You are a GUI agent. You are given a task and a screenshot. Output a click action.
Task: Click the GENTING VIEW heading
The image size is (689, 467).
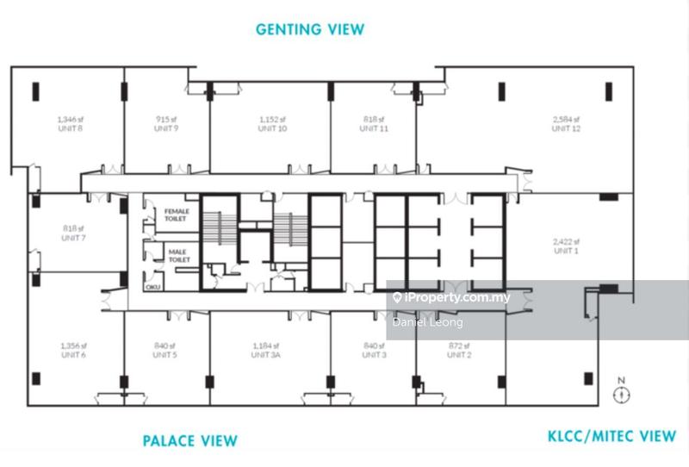point(310,29)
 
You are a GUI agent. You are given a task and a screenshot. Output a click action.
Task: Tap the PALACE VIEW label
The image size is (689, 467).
point(189,441)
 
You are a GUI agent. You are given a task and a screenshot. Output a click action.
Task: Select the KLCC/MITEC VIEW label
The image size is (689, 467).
point(612,436)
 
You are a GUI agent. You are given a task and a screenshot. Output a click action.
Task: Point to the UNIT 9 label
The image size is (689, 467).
point(166,128)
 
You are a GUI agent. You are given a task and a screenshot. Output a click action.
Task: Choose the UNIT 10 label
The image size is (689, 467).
point(272,128)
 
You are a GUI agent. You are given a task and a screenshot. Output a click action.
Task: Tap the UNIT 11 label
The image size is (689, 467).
point(373,128)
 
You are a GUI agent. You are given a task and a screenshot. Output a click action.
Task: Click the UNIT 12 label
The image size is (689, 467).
point(567,128)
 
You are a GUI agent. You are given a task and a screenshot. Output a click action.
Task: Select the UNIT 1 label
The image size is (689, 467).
point(567,251)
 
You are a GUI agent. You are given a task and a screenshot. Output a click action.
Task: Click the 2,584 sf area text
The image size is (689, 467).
point(567,120)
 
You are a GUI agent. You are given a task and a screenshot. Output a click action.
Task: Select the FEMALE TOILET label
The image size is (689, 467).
point(177,214)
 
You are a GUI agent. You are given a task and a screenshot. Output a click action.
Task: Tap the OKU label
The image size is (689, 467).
point(153,286)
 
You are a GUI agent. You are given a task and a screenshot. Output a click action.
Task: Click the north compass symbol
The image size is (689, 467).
point(621,394)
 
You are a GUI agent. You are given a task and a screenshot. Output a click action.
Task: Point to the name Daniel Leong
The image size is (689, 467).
point(427,322)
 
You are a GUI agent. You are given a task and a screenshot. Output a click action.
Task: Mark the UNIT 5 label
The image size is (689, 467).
point(166,354)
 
